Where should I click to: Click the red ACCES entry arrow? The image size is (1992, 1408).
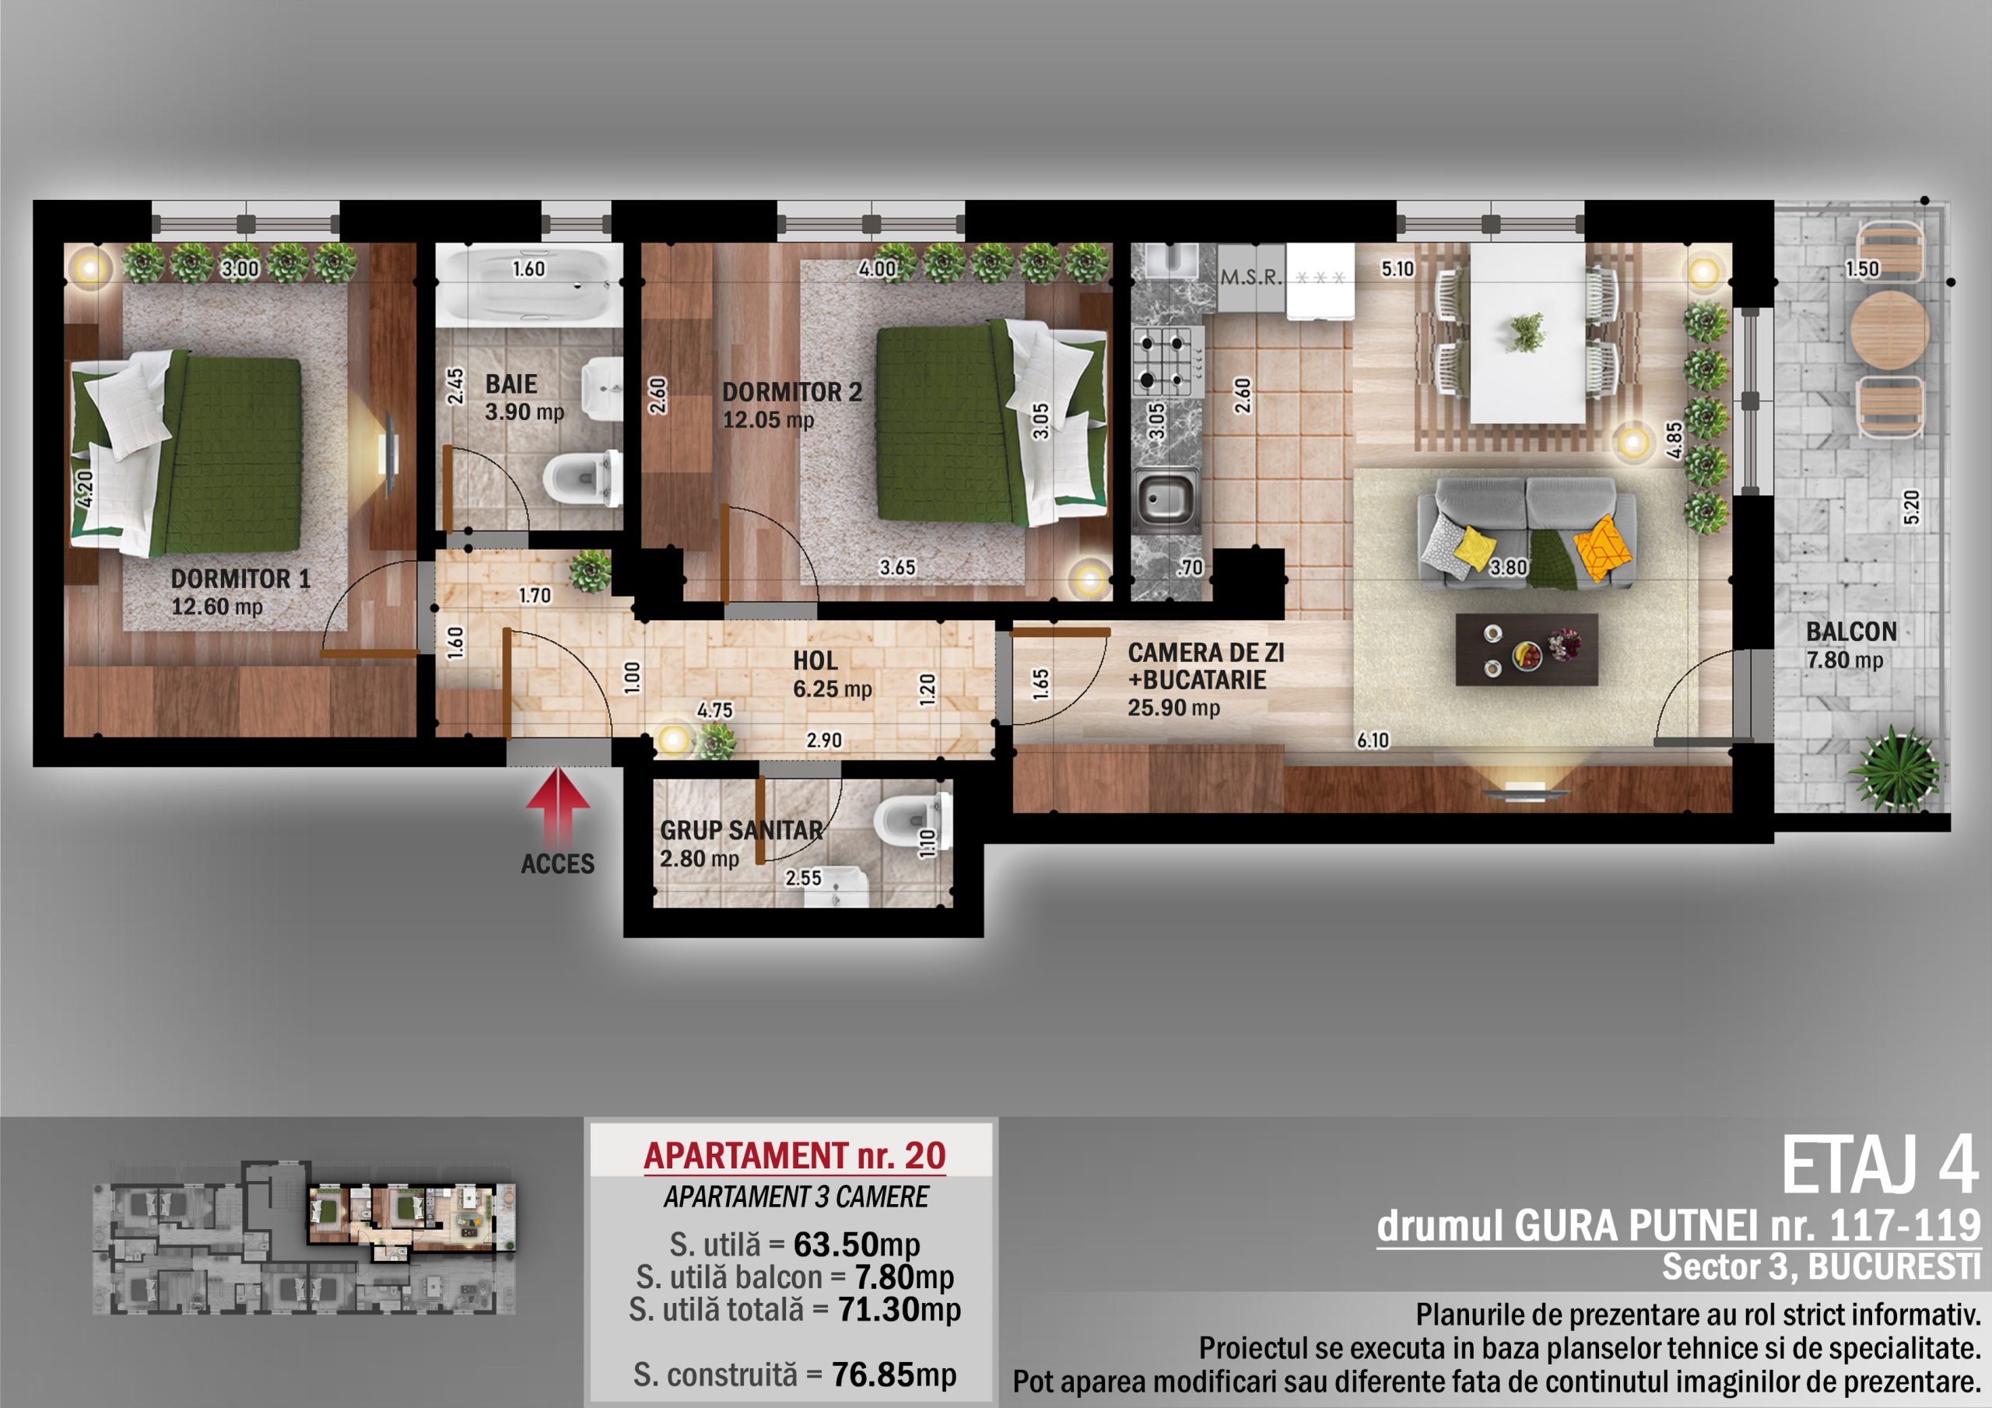pyautogui.click(x=558, y=805)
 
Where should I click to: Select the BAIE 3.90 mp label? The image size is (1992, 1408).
pyautogui.click(x=524, y=398)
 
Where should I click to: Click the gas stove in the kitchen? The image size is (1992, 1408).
pyautogui.click(x=1168, y=362)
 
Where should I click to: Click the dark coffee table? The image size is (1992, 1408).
pyautogui.click(x=1526, y=650)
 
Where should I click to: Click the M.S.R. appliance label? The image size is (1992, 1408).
pyautogui.click(x=1250, y=278)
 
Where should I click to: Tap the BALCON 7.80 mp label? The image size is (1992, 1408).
pyautogui.click(x=1850, y=646)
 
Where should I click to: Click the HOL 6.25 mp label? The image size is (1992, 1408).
pyautogui.click(x=832, y=674)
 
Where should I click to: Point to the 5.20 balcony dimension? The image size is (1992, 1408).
pyautogui.click(x=1911, y=506)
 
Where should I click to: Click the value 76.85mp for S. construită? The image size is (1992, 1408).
pyautogui.click(x=893, y=1375)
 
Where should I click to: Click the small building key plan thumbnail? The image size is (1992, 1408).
pyautogui.click(x=303, y=1236)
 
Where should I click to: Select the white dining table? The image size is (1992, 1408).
pyautogui.click(x=1527, y=333)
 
